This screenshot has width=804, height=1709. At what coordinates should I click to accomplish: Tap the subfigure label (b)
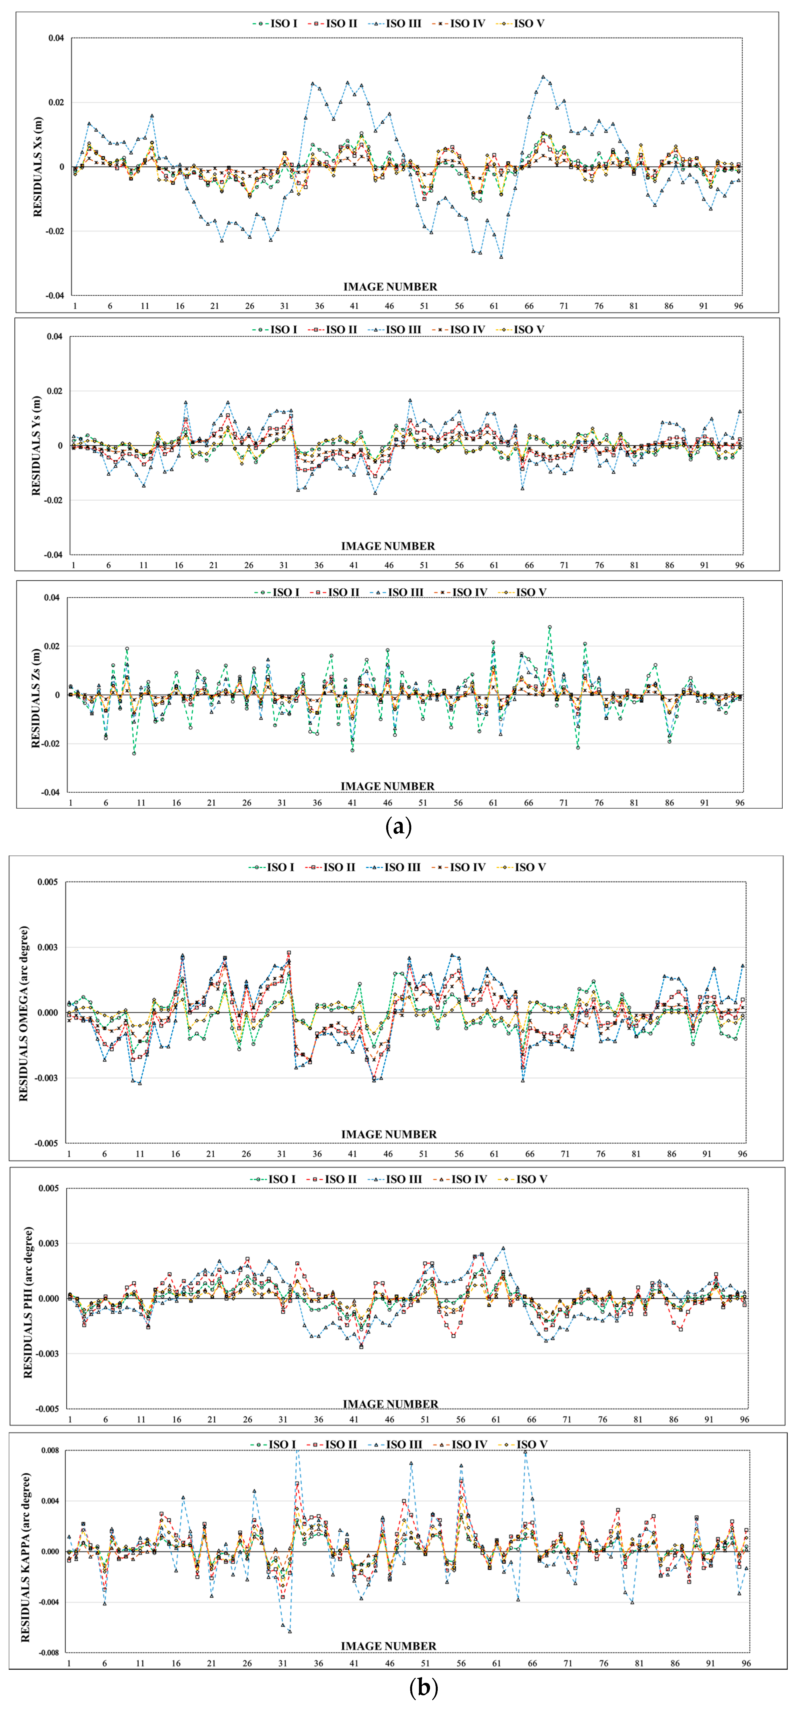(424, 1687)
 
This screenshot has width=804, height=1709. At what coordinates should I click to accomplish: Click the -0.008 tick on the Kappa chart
(48, 1653)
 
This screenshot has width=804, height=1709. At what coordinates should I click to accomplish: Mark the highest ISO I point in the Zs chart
(550, 627)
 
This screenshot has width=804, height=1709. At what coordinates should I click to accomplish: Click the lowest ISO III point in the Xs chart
(501, 257)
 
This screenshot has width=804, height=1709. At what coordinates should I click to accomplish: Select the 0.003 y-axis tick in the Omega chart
(48, 947)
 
